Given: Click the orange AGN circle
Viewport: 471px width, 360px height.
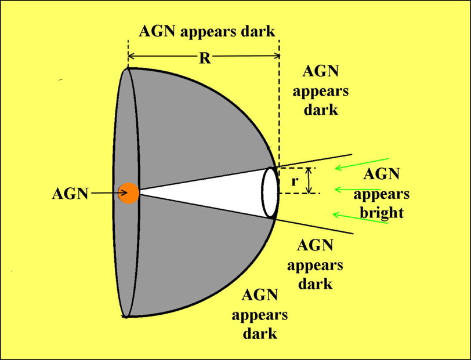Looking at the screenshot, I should pyautogui.click(x=129, y=193).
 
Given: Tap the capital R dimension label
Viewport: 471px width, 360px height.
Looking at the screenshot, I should pyautogui.click(x=204, y=58).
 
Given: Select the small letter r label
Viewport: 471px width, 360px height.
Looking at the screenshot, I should pyautogui.click(x=295, y=181).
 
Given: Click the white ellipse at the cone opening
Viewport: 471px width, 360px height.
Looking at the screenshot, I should pyautogui.click(x=269, y=192).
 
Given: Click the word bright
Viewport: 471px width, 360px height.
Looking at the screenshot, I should pyautogui.click(x=381, y=213).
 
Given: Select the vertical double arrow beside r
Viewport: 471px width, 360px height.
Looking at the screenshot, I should pyautogui.click(x=310, y=180).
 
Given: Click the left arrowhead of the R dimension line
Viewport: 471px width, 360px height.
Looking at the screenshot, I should pyautogui.click(x=131, y=56).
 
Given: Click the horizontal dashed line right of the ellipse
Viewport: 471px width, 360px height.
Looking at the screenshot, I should pyautogui.click(x=299, y=194).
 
